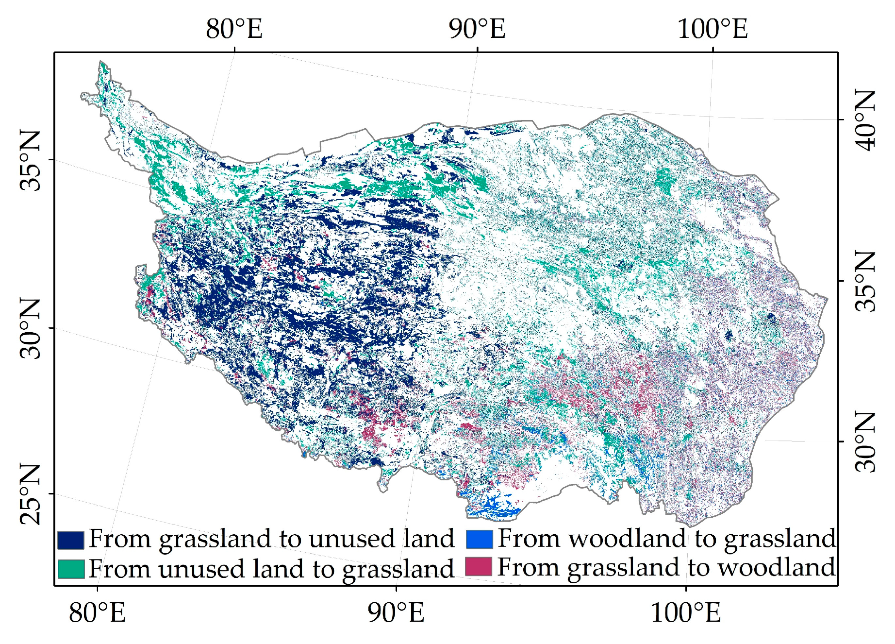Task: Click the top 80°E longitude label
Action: (234, 29)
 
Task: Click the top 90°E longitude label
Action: (477, 29)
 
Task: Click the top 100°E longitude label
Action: (712, 29)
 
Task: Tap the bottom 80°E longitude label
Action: (97, 612)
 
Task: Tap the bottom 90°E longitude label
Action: (396, 612)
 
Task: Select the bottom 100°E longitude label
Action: (685, 612)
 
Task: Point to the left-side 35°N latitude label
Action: (30, 160)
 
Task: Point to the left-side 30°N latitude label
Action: (30, 328)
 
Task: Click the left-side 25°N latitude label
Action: (30, 494)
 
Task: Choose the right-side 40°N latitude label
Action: (865, 120)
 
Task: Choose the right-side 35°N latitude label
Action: (865, 281)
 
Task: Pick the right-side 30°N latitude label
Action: (865, 442)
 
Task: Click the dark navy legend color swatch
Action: (71, 540)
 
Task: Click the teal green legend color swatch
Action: (71, 569)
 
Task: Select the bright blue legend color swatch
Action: (480, 539)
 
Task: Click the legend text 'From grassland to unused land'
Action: (271, 539)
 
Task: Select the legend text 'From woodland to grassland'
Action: (666, 539)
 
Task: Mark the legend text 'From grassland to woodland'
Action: (666, 567)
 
